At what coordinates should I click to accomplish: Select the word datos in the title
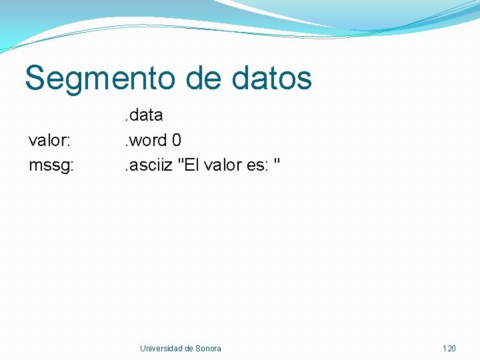(273, 78)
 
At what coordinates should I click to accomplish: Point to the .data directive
(143, 115)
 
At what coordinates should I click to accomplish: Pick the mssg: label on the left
(51, 165)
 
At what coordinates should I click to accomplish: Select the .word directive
(146, 140)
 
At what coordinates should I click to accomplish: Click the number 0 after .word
(177, 140)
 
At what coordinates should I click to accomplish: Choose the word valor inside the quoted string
(223, 165)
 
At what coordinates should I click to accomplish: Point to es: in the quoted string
(258, 165)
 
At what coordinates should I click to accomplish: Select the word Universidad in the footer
(161, 349)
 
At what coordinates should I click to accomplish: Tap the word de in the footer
(189, 349)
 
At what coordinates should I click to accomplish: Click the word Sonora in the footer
(209, 349)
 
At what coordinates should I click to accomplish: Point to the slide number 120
(449, 349)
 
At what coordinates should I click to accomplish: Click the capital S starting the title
(35, 78)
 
